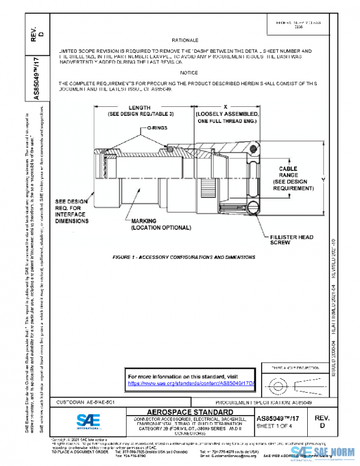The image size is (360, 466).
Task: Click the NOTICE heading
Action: tap(188, 73)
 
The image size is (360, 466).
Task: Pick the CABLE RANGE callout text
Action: tap(292, 179)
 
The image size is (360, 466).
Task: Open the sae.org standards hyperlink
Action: tap(192, 383)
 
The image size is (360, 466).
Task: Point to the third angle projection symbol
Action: tap(287, 383)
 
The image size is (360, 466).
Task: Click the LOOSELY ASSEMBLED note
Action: tap(226, 117)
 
